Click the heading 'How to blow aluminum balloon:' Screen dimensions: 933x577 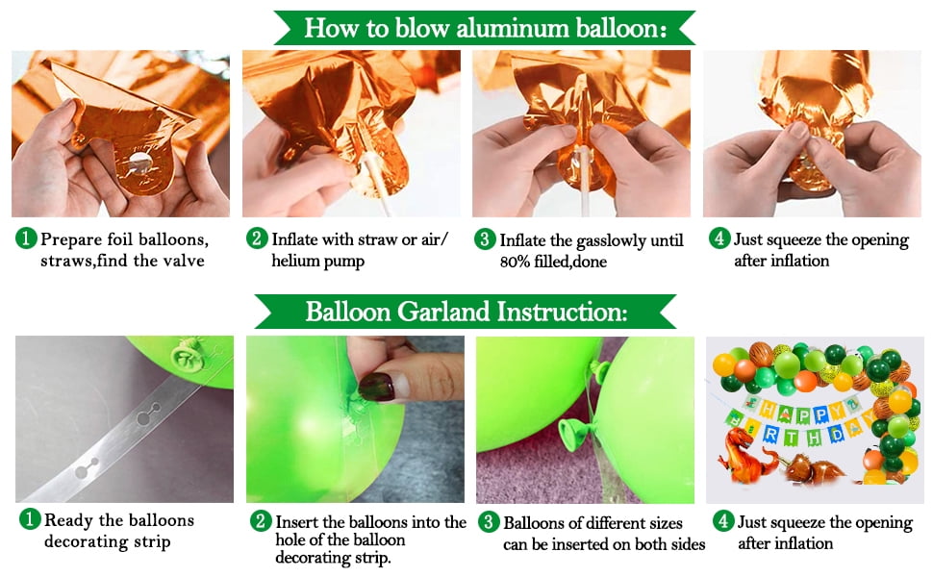(485, 28)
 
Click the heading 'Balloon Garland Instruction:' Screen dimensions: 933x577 (466, 312)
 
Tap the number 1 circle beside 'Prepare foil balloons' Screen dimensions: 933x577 (26, 238)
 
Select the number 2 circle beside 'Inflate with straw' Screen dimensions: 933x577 (257, 238)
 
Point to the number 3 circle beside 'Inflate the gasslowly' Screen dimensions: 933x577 (485, 239)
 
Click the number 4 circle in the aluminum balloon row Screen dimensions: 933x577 (719, 238)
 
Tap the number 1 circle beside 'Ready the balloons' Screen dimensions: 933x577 (29, 518)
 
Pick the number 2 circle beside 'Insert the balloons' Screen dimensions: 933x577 (261, 521)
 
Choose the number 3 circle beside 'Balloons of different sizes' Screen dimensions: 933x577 (489, 521)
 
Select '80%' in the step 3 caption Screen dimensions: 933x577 (516, 262)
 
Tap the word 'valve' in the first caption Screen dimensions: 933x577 (186, 261)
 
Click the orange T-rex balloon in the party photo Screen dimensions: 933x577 (745, 453)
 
